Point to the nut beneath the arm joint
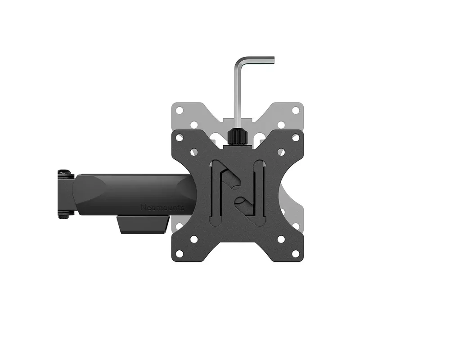coord(64,215)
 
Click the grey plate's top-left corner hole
coord(179,109)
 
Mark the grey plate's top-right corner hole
coord(295,109)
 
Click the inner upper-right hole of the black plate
coord(281,152)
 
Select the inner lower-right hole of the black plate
coord(281,239)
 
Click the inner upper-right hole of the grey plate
coord(281,124)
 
